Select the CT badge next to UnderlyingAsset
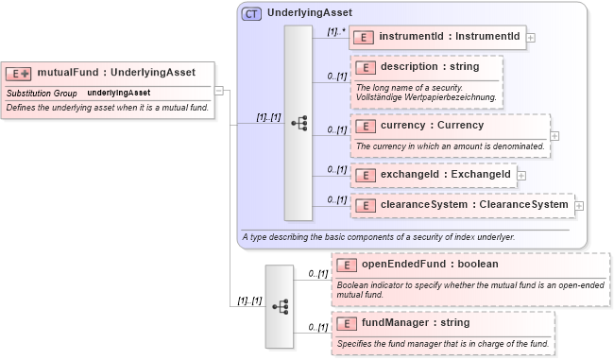coord(252,14)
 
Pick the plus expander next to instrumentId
coord(532,38)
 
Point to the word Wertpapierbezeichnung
coord(451,97)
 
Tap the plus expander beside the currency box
coord(554,135)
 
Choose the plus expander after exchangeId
coord(522,175)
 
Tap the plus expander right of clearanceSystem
coord(579,204)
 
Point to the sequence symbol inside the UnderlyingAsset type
coord(298,123)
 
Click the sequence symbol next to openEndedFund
coord(280,305)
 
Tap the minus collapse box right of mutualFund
coord(219,91)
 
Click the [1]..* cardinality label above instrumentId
coord(335,31)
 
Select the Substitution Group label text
coord(42,93)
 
